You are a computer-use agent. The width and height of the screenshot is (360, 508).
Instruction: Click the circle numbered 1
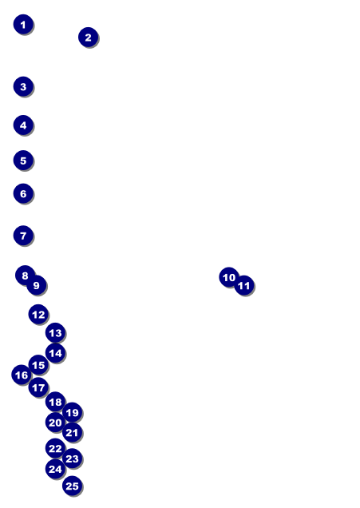(23, 24)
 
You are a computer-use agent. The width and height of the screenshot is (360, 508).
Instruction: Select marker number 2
(88, 38)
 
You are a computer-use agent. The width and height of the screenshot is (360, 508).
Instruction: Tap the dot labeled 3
(23, 86)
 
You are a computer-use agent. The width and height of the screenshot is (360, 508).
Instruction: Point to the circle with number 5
(23, 161)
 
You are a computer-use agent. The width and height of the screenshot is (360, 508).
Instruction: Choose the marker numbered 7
(23, 236)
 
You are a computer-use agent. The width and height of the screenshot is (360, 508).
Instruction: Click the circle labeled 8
(25, 276)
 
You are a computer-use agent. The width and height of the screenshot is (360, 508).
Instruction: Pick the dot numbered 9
(36, 285)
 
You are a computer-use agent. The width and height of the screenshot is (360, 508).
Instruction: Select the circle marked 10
(229, 277)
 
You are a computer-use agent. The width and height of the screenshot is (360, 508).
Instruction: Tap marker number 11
(243, 285)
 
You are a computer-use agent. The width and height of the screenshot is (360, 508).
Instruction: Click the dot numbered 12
(38, 314)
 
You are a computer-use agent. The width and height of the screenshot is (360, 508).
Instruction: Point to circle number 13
(55, 333)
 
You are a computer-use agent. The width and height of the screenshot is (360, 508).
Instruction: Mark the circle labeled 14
(55, 353)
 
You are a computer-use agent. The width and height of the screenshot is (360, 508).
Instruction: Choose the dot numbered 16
(22, 375)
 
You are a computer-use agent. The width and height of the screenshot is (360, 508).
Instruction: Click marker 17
(38, 387)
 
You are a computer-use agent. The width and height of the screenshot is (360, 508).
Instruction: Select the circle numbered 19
(72, 412)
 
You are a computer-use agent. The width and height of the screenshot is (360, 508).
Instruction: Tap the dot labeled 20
(55, 423)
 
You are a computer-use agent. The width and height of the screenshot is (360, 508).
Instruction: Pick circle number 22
(55, 448)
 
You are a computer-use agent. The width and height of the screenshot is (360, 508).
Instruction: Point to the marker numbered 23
(72, 458)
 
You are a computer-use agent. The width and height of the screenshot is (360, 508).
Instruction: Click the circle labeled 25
(72, 486)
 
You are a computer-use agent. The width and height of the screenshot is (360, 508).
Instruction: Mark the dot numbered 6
(23, 194)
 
